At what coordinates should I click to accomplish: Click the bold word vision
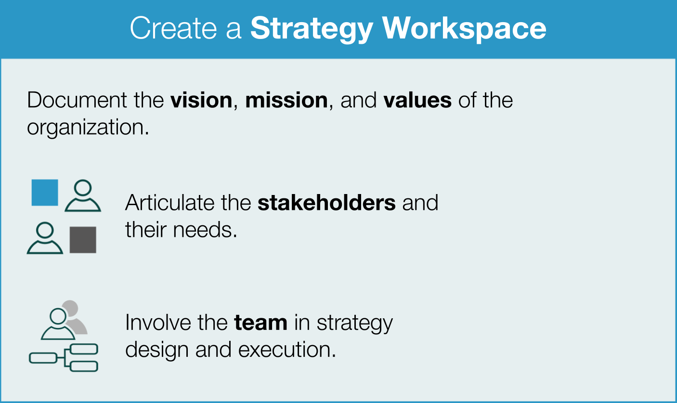pyautogui.click(x=201, y=100)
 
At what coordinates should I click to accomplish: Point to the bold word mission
pyautogui.click(x=286, y=100)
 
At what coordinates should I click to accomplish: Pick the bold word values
pyautogui.click(x=417, y=100)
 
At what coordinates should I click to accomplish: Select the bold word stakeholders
pyautogui.click(x=326, y=203)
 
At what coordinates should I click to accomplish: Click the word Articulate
pyautogui.click(x=169, y=203)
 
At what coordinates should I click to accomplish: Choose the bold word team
pyautogui.click(x=260, y=322)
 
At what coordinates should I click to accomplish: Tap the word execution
pyautogui.click(x=286, y=349)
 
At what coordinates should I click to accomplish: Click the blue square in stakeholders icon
pyautogui.click(x=45, y=193)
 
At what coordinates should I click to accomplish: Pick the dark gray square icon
pyautogui.click(x=83, y=240)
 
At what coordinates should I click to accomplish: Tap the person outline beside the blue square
pyautogui.click(x=83, y=196)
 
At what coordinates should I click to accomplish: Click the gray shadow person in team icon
pyautogui.click(x=76, y=315)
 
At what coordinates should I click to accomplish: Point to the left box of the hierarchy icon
pyautogui.click(x=42, y=358)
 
